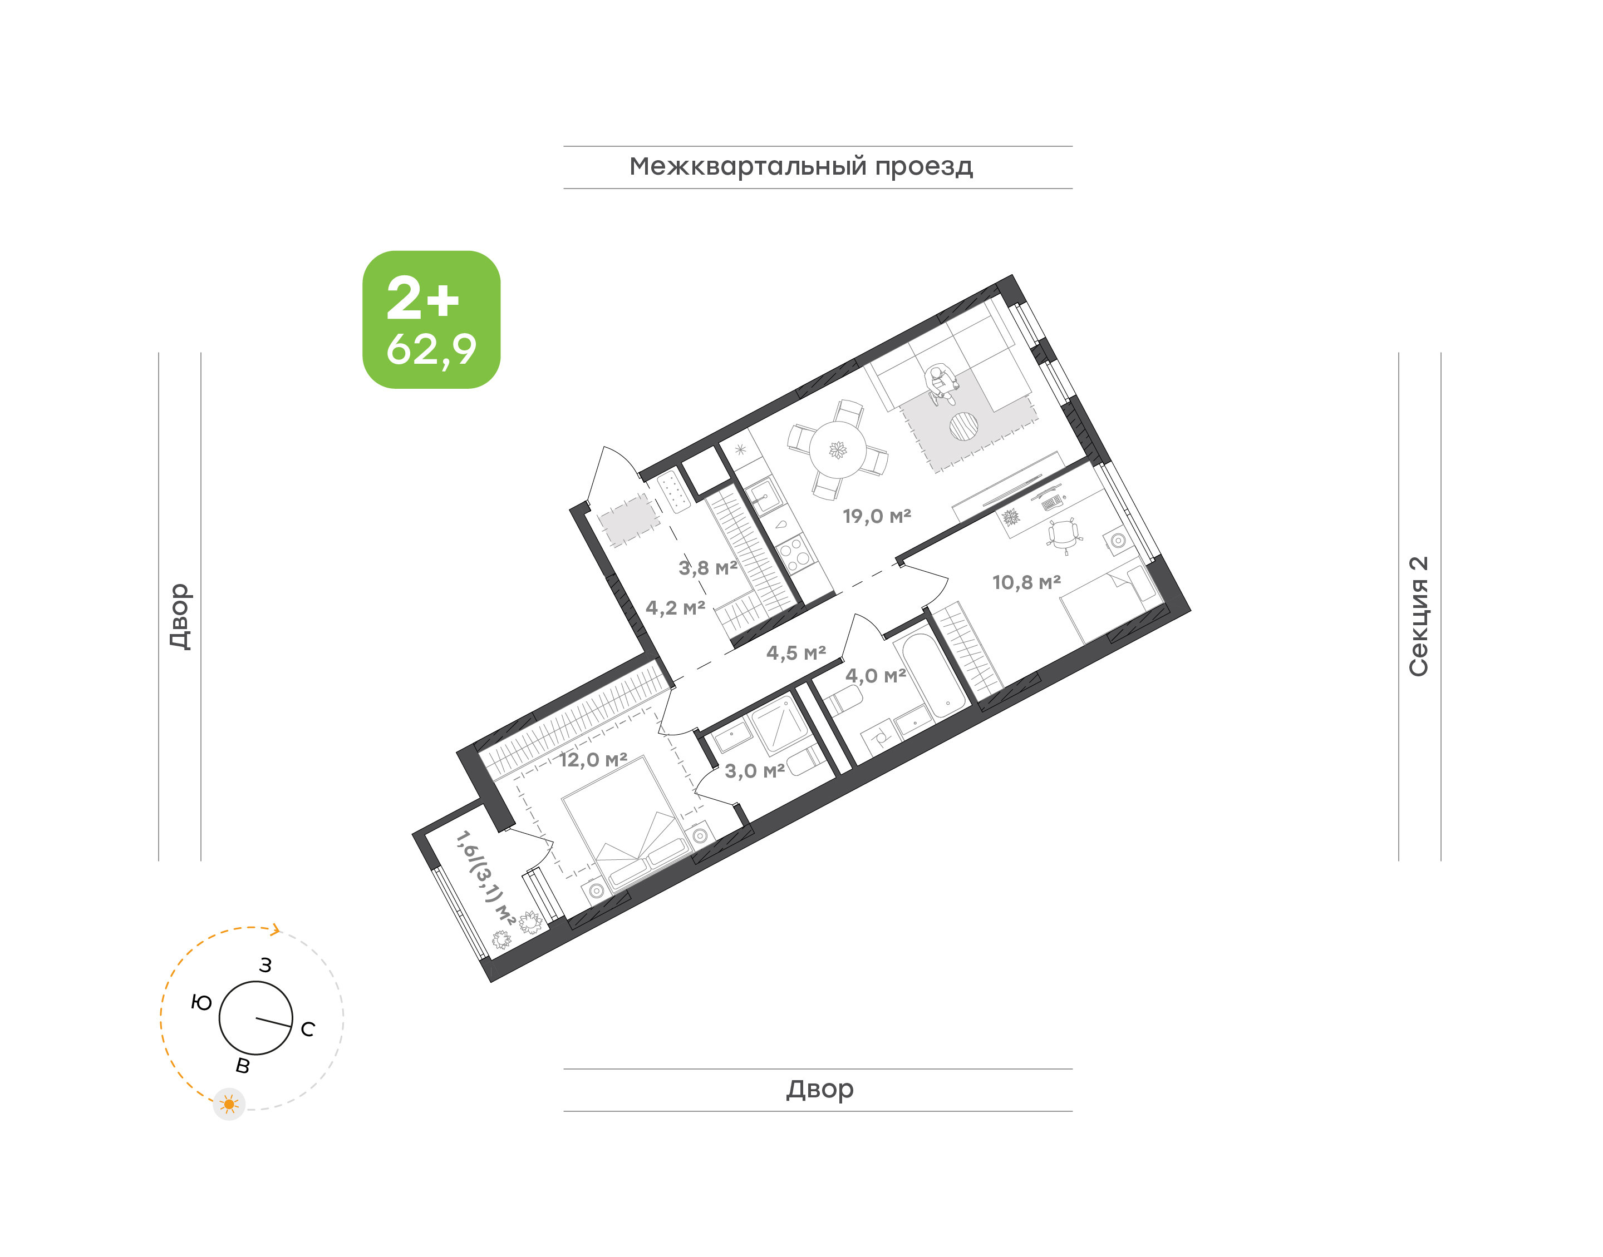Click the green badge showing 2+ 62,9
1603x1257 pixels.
tap(431, 319)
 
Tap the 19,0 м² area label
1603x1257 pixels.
tap(877, 516)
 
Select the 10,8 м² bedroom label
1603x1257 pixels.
tap(1026, 582)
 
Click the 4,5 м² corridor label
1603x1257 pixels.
tap(796, 652)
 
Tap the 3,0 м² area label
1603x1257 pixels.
tap(755, 770)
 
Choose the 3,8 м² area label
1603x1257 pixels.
tap(707, 567)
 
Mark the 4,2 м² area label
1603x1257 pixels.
tap(675, 608)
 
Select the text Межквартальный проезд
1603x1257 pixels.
tap(801, 167)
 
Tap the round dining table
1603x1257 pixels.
tap(838, 449)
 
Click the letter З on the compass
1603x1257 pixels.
tap(266, 965)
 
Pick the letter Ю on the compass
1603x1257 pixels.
tap(201, 1002)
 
